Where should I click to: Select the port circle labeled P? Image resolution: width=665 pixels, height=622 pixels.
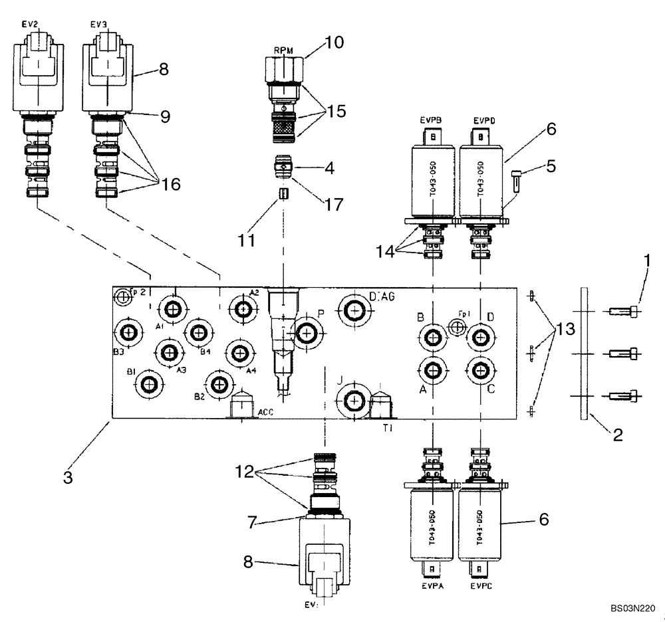(307, 334)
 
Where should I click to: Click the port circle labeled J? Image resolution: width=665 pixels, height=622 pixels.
(352, 401)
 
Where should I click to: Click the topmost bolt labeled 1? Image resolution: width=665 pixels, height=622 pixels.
(624, 311)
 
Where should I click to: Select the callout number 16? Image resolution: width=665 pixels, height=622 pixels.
(170, 184)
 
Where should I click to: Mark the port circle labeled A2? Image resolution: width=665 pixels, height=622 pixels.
(242, 308)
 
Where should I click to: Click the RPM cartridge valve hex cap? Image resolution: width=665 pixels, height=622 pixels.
(283, 68)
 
